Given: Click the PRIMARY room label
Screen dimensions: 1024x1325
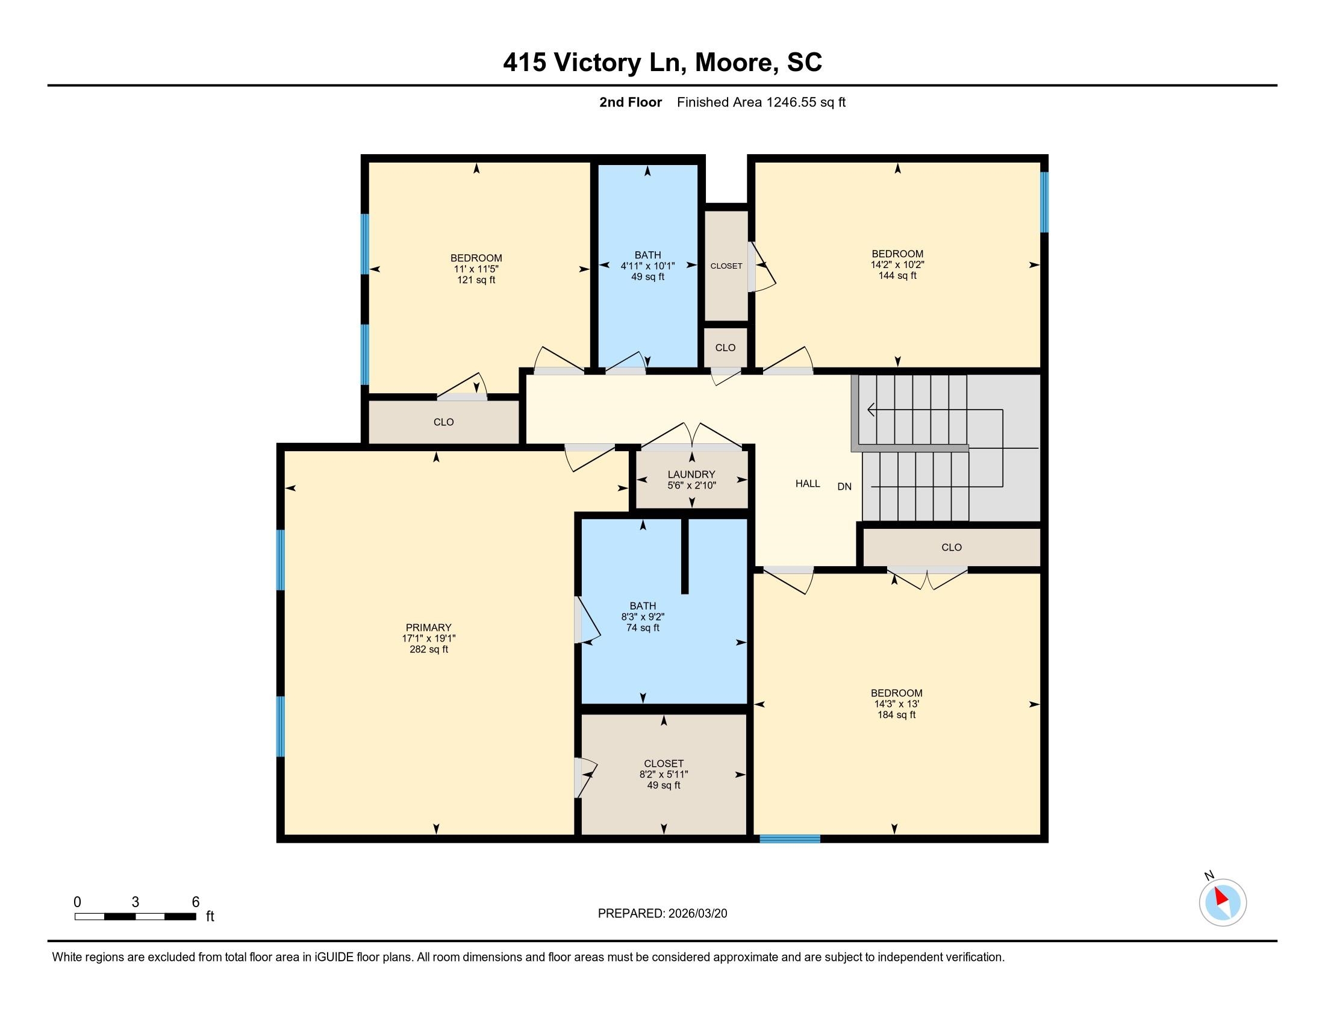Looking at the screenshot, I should [x=428, y=627].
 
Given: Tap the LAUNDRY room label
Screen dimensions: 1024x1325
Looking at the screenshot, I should [x=691, y=475].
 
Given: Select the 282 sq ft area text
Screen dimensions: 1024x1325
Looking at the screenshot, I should [x=428, y=649].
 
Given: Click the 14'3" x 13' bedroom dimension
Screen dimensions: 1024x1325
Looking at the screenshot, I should [x=896, y=704].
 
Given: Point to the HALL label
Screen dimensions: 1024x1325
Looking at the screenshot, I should [x=808, y=484].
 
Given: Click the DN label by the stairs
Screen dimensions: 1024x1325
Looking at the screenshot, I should [x=844, y=486].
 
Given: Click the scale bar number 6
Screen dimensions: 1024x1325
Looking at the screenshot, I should [x=195, y=902].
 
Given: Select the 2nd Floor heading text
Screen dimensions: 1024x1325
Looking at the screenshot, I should [x=630, y=102].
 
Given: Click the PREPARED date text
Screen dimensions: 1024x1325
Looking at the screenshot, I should [x=662, y=913].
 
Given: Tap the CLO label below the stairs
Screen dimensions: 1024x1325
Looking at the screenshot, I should [x=951, y=547].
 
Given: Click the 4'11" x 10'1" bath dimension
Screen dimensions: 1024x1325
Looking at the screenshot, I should [x=647, y=266].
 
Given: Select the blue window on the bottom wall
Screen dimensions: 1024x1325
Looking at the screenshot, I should [x=790, y=839].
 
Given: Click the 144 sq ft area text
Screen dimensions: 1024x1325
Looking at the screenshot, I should [x=897, y=275].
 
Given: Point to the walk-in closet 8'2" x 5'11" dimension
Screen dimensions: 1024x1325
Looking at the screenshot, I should [x=663, y=774].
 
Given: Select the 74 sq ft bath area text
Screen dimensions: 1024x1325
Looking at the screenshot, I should [x=643, y=627].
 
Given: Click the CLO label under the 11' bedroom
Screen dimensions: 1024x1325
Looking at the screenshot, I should [x=443, y=422].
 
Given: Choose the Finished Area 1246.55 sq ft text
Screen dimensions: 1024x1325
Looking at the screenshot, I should [x=761, y=102].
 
